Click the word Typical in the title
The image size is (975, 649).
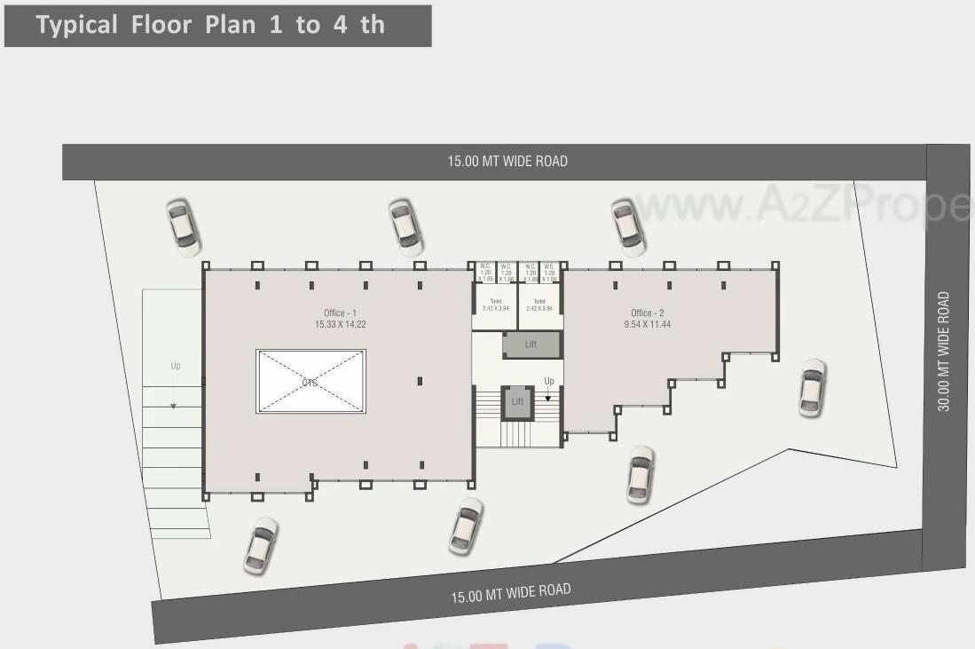click(x=76, y=24)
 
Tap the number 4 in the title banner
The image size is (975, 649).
click(x=340, y=24)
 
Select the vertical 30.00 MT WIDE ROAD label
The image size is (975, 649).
click(x=945, y=352)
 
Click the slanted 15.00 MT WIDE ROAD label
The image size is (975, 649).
click(x=510, y=592)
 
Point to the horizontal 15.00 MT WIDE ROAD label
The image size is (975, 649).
click(x=507, y=162)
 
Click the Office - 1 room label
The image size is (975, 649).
click(x=340, y=313)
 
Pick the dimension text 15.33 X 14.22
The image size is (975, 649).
click(x=340, y=325)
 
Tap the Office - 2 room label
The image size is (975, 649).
click(x=647, y=313)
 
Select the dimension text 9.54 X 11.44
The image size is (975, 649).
click(x=647, y=325)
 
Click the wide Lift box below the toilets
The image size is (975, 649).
click(x=531, y=344)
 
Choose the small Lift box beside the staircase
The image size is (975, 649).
click(x=517, y=401)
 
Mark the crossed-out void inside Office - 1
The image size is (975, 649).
click(x=311, y=381)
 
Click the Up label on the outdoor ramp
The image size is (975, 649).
click(x=176, y=366)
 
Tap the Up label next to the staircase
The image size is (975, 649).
click(x=549, y=382)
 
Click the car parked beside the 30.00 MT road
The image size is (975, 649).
click(x=812, y=388)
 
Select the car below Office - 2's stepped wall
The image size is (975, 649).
click(x=641, y=475)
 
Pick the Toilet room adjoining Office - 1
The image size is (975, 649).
click(x=495, y=305)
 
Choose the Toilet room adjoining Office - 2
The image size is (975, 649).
click(x=539, y=305)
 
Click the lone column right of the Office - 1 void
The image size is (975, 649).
click(x=420, y=381)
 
